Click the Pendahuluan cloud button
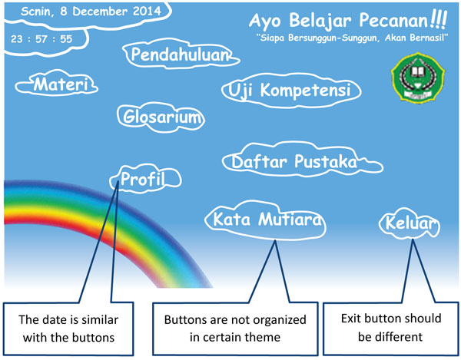pyautogui.click(x=181, y=54)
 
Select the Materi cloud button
pyautogui.click(x=57, y=84)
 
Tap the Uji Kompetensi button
pyautogui.click(x=291, y=90)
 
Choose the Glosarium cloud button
pyautogui.click(x=161, y=117)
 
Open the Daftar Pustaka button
pyautogui.click(x=302, y=161)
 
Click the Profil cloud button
pyautogui.click(x=145, y=179)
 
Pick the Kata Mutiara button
pyautogui.click(x=266, y=220)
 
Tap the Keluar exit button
pyautogui.click(x=410, y=223)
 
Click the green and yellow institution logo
pyautogui.click(x=418, y=78)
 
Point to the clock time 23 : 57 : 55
pyautogui.click(x=41, y=39)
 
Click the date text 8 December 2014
pyautogui.click(x=111, y=12)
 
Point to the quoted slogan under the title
pyautogui.click(x=352, y=38)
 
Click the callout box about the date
pyautogui.click(x=68, y=329)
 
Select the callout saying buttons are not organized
pyautogui.click(x=235, y=329)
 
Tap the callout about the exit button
pyautogui.click(x=391, y=329)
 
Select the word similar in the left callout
pyautogui.click(x=101, y=319)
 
